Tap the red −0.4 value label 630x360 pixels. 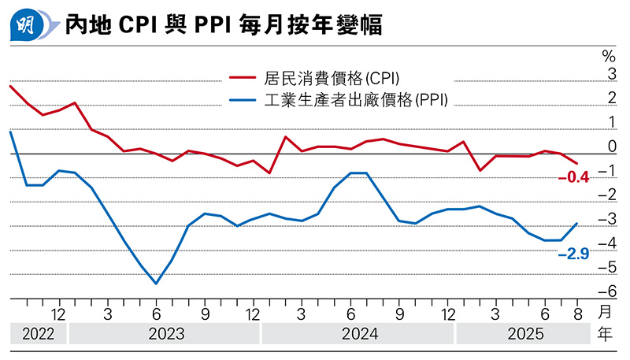tap(573, 178)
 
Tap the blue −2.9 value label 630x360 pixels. tap(573, 254)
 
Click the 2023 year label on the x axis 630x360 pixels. tap(164, 334)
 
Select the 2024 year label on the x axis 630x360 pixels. tap(358, 334)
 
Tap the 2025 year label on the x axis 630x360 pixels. tap(523, 334)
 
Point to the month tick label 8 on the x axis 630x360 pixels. tap(577, 312)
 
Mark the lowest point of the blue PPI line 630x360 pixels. tap(156, 284)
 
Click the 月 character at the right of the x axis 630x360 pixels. tap(605, 313)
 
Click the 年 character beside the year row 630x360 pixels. tap(605, 334)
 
